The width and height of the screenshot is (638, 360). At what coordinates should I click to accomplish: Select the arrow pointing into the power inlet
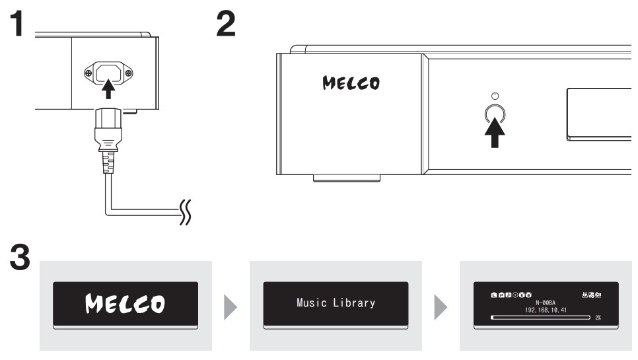pyautogui.click(x=108, y=87)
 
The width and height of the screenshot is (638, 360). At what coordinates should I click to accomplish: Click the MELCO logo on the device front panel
pyautogui.click(x=351, y=84)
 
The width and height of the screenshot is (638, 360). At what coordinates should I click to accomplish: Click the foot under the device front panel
pyautogui.click(x=346, y=177)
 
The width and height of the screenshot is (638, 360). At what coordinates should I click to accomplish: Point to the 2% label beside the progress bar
pyautogui.click(x=598, y=318)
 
